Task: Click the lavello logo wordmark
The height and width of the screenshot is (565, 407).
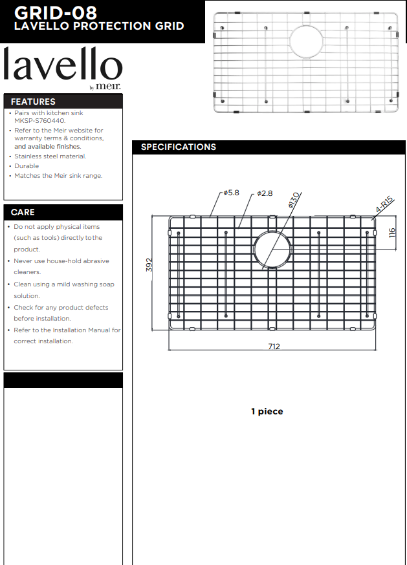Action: click(x=63, y=66)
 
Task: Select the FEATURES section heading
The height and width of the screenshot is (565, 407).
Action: click(x=33, y=101)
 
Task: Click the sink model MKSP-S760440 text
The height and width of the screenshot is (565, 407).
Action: click(x=39, y=121)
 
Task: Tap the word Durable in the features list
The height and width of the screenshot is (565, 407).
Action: click(x=27, y=166)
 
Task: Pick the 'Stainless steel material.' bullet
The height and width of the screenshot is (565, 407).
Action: click(x=50, y=156)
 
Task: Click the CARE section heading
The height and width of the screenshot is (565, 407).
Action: click(x=23, y=212)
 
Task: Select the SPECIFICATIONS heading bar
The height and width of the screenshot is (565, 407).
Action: click(x=179, y=147)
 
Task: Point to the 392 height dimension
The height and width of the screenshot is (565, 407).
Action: click(x=149, y=265)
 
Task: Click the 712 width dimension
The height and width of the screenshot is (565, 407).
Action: click(x=274, y=346)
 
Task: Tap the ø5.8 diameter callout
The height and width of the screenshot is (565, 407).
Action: click(x=232, y=193)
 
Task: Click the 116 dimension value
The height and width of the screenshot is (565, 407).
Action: click(x=391, y=233)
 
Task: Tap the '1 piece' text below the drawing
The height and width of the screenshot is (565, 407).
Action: click(x=267, y=411)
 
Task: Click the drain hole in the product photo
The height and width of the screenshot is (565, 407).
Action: click(x=306, y=41)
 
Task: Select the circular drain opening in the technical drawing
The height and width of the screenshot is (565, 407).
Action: click(x=272, y=249)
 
